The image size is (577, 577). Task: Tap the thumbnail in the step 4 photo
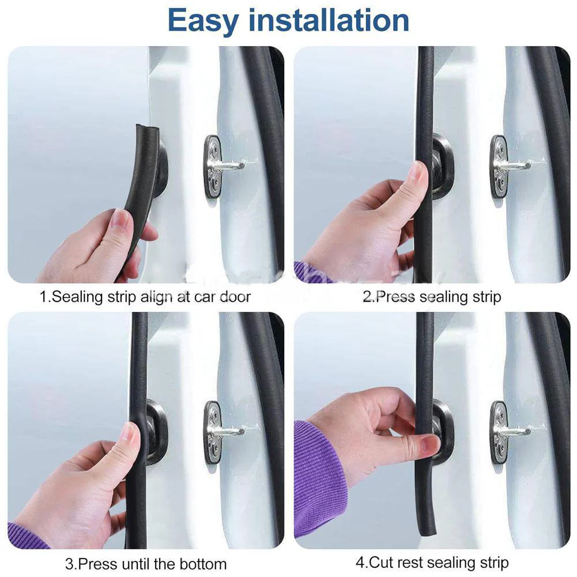(x=429, y=444)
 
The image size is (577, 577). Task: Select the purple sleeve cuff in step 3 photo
(x=26, y=536)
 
